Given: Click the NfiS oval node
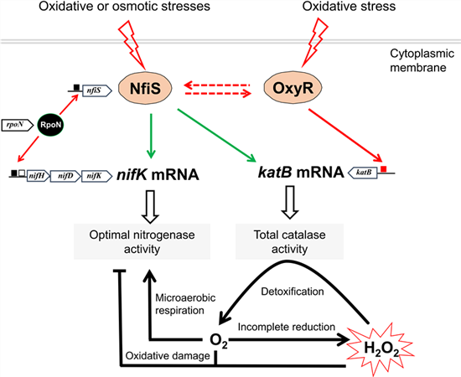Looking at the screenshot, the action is tap(145, 88).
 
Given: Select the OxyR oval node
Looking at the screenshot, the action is tap(293, 88).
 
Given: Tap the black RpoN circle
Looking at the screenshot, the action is tap(50, 125).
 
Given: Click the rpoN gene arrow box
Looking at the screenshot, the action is tap(18, 125).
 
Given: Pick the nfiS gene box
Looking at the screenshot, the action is tap(97, 90).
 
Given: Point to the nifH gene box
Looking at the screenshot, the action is tap(39, 176).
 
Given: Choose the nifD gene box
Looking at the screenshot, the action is tap(65, 176).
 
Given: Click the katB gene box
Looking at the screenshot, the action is tap(362, 173).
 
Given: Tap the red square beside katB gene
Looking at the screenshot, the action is tap(383, 169).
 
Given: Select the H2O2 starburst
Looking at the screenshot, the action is tap(381, 349).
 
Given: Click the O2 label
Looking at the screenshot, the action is tap(219, 341).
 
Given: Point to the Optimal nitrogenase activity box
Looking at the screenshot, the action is tap(142, 241).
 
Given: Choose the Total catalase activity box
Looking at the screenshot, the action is tap(290, 241).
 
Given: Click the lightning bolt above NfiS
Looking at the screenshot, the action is tap(132, 44).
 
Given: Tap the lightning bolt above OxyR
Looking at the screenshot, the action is tap(314, 43).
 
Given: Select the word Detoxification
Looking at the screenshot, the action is tap(293, 292).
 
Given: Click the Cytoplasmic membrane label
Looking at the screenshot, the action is tap(422, 60).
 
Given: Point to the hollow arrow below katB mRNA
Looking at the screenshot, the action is tap(290, 202).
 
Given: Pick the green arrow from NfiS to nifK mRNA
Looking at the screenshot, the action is tap(151, 136).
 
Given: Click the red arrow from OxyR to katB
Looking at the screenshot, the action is tap(344, 136).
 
